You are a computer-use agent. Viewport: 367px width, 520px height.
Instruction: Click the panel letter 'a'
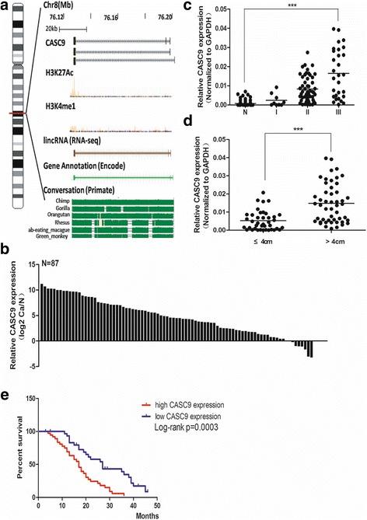pyautogui.click(x=5, y=7)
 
